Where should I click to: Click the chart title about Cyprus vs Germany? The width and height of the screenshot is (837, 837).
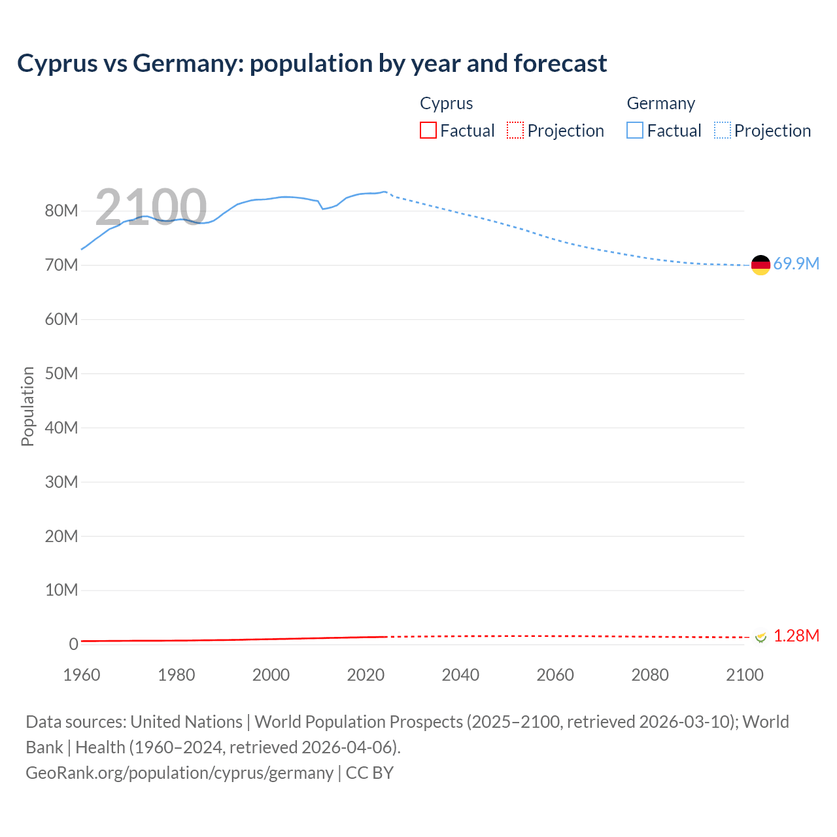[x=312, y=63]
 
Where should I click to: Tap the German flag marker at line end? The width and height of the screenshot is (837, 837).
[x=760, y=265]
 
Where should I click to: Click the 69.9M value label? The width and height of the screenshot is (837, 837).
[x=796, y=264]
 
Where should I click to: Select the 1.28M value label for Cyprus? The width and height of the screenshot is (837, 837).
[x=796, y=636]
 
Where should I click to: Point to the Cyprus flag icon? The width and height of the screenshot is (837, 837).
[x=760, y=636]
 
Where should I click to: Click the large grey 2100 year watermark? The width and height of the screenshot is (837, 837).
[x=151, y=207]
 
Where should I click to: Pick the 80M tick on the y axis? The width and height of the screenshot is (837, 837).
[x=61, y=211]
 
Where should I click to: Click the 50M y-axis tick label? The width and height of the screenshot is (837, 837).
[x=61, y=373]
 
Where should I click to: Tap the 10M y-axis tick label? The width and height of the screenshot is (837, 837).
[x=61, y=590]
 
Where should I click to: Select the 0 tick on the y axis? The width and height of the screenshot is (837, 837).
[x=73, y=644]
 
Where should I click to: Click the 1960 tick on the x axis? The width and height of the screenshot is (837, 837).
[x=82, y=675]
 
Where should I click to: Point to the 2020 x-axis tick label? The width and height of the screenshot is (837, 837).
[x=366, y=675]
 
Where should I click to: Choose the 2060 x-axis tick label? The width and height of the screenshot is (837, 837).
[x=555, y=675]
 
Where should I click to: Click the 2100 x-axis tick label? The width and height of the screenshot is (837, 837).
[x=744, y=675]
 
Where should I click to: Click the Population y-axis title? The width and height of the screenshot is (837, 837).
[x=27, y=406]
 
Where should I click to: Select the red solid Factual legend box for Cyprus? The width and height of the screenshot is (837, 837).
[x=428, y=131]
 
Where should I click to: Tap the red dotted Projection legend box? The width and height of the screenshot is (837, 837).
[x=515, y=131]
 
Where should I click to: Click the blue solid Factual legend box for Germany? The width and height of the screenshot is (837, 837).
[x=635, y=131]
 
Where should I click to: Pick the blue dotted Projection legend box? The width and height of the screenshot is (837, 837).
[x=722, y=131]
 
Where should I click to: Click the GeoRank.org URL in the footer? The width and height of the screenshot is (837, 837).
[x=179, y=772]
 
